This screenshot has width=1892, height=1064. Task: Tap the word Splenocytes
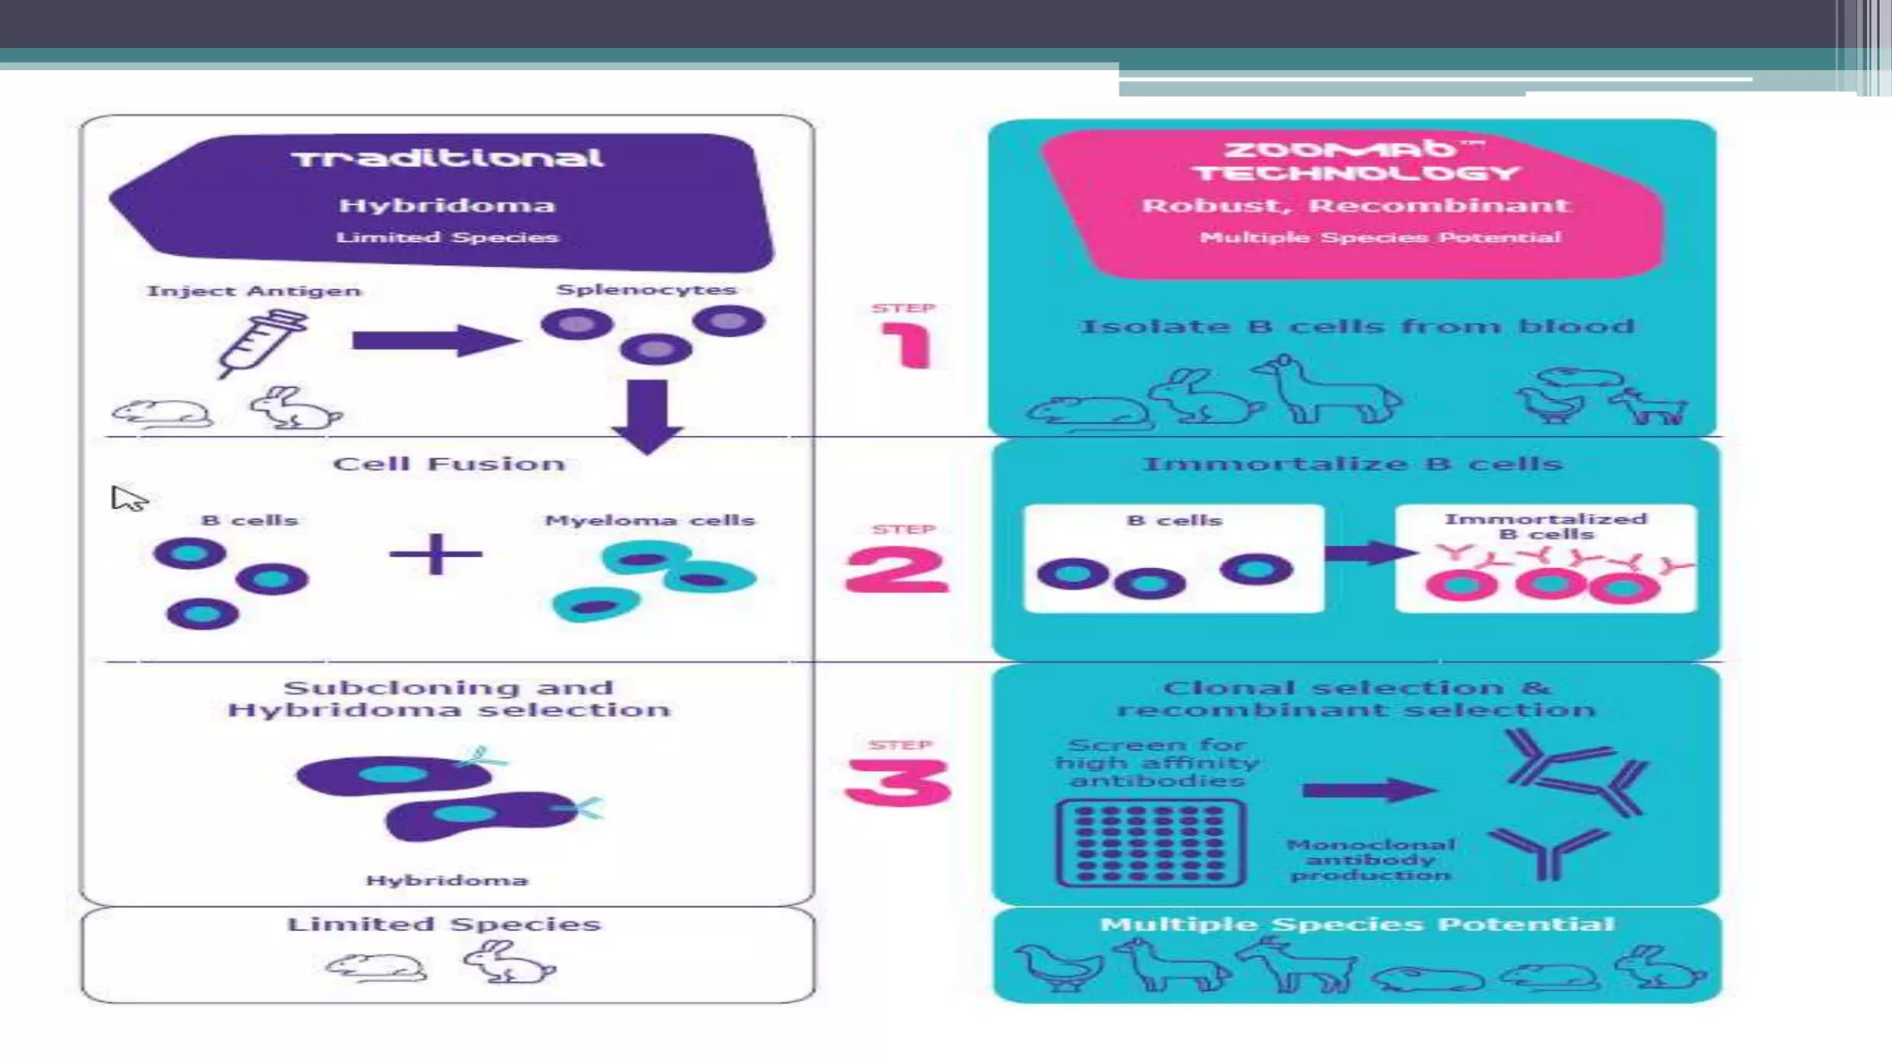tap(646, 289)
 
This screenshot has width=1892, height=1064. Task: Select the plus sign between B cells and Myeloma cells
tap(436, 554)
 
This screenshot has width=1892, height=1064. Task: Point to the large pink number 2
tap(897, 569)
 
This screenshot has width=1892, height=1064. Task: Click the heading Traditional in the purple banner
tap(448, 158)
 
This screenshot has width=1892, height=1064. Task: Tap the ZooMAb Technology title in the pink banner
tap(1355, 161)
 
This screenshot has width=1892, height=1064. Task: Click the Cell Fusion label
tap(449, 464)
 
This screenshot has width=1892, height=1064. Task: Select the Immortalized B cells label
tap(1546, 526)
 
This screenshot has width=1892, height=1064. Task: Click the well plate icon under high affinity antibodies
tap(1151, 843)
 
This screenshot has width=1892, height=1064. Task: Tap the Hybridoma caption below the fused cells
tap(447, 880)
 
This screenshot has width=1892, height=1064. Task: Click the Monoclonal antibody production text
tap(1371, 859)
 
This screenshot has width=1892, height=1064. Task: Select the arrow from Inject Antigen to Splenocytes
tap(434, 341)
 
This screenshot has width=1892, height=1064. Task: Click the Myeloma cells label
tap(649, 520)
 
